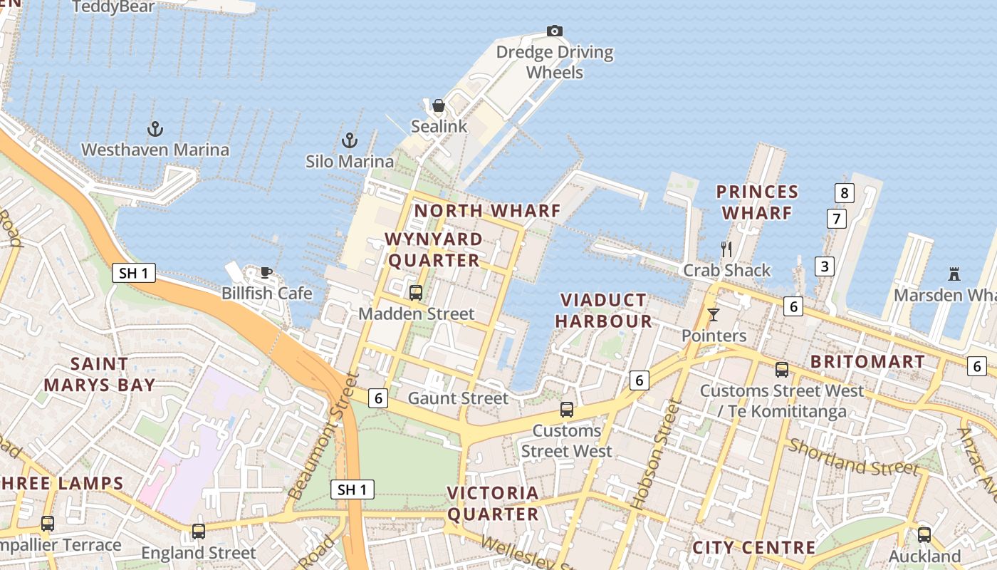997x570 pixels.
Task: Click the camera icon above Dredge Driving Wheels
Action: point(555,31)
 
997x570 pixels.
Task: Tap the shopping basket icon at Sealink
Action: point(439,105)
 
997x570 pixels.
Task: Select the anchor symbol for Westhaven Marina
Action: point(155,129)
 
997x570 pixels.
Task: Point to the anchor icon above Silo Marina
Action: point(349,140)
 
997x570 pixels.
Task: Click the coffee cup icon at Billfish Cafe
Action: point(266,272)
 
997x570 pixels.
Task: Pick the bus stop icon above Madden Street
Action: point(416,292)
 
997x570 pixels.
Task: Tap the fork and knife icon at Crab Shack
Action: point(726,249)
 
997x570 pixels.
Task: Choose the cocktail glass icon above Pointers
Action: point(714,314)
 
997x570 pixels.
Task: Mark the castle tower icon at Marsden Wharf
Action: point(954,274)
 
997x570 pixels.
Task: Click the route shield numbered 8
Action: point(844,192)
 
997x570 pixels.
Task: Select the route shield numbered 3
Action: point(825,266)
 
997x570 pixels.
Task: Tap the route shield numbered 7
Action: point(837,218)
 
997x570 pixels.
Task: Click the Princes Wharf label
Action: point(757,202)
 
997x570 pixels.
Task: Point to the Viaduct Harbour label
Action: point(603,311)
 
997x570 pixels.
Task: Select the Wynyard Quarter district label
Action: point(434,249)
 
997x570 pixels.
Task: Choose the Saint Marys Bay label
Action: point(100,375)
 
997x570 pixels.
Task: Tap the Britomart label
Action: point(867,362)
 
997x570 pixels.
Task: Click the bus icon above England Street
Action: point(199,532)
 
